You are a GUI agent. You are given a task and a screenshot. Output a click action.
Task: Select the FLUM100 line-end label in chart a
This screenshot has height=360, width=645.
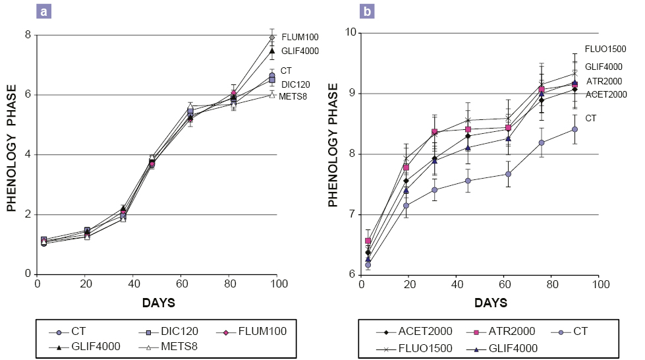300,36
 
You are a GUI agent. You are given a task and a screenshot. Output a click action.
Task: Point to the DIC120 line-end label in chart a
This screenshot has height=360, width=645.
296,84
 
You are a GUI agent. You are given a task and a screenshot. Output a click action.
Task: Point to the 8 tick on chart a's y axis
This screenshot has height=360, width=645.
28,34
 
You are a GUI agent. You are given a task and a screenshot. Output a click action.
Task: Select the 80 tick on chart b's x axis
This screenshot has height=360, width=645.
551,284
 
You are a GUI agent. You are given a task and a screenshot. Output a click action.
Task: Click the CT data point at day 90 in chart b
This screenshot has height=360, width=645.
575,129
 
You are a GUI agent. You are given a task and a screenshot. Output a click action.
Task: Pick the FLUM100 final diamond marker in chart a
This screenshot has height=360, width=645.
271,38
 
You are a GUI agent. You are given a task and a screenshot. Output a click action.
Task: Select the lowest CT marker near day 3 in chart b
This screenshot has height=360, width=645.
368,265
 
